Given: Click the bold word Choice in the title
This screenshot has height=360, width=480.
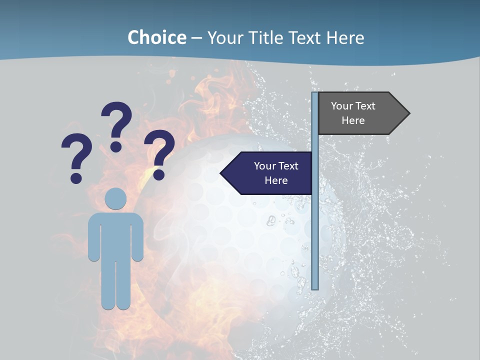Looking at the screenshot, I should [156, 37].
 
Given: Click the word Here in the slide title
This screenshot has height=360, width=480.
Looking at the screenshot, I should [345, 37].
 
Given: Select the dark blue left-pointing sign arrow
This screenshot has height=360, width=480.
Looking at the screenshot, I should [267, 173].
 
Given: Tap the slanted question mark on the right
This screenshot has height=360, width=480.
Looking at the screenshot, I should [160, 150].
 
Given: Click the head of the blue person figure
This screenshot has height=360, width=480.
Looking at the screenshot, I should [115, 198].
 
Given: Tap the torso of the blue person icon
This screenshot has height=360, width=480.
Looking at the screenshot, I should [115, 235].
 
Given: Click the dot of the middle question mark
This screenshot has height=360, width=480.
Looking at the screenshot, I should [116, 146].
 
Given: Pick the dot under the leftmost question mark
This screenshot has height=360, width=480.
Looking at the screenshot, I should [76, 178].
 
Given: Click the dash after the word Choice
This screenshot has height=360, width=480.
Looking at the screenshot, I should [196, 38].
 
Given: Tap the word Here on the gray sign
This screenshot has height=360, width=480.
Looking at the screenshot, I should [353, 120].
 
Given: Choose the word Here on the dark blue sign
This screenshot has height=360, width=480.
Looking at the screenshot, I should [276, 180].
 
